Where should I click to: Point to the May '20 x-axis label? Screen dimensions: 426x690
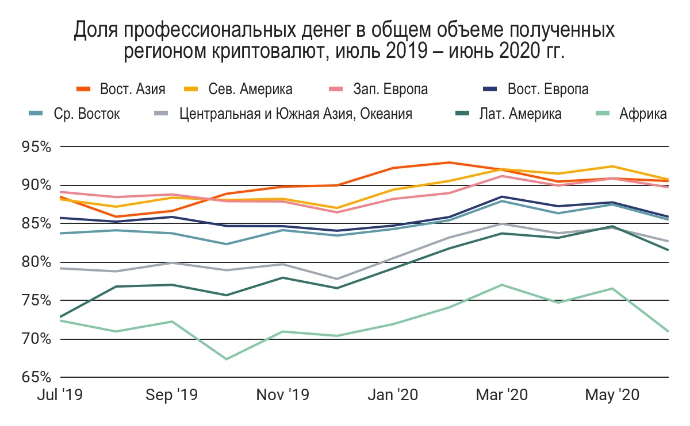[x=611, y=396]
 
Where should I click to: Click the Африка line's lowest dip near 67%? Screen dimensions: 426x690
[x=227, y=359]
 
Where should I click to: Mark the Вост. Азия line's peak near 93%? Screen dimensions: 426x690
[x=450, y=162]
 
